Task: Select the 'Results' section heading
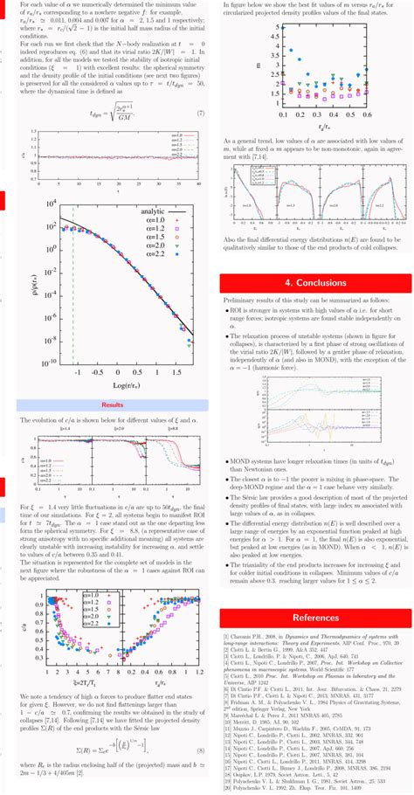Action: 112,405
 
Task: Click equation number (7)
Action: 200,114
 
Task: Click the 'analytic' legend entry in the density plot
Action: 154,211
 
